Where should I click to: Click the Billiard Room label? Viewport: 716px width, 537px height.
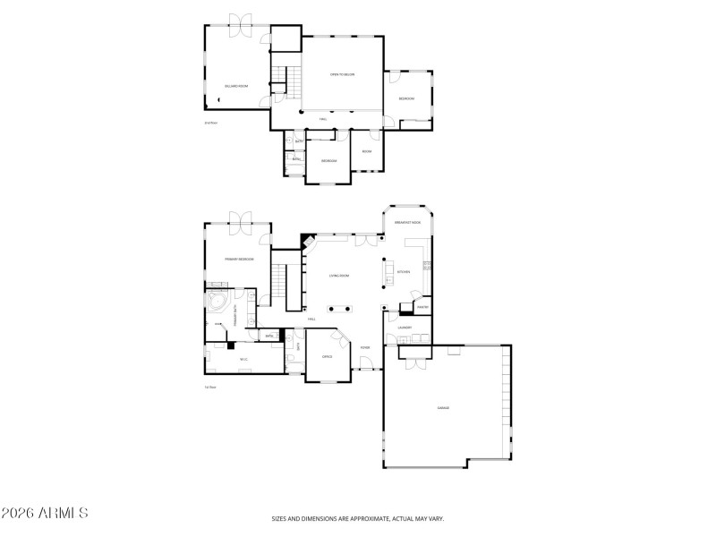tap(236, 86)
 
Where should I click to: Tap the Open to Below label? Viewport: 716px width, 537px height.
tap(343, 75)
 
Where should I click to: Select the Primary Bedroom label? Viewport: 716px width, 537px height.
tap(239, 259)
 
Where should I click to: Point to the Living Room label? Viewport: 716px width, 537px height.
tap(337, 276)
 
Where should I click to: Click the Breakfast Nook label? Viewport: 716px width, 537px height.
tap(407, 222)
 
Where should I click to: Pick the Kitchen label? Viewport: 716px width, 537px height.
tap(403, 272)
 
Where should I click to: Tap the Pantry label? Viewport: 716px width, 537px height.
tap(422, 307)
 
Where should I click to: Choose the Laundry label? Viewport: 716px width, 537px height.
tap(405, 328)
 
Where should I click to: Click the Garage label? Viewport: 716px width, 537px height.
tap(442, 408)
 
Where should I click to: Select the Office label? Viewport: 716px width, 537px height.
tap(328, 356)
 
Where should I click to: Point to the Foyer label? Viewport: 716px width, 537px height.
tap(365, 347)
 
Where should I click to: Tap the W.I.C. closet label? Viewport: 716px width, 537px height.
tap(243, 360)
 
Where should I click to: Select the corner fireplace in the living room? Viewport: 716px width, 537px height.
tap(307, 240)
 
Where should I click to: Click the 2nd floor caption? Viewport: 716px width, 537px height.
tap(210, 123)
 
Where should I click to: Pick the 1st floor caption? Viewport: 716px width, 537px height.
tap(210, 387)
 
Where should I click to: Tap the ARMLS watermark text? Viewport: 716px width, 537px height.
tap(45, 514)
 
